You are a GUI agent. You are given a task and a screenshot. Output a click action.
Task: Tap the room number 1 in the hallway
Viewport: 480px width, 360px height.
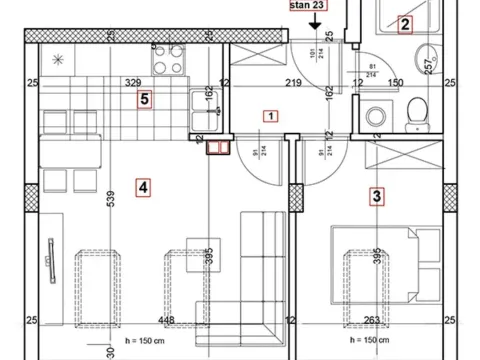[271, 115]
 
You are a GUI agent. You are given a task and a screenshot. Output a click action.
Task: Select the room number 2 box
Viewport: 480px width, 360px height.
[405, 25]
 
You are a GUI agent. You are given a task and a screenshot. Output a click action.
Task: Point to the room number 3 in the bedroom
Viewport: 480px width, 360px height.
[376, 196]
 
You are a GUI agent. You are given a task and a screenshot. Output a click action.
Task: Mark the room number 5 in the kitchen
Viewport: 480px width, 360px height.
[145, 99]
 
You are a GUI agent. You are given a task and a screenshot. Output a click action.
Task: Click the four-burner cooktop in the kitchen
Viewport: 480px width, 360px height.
[170, 62]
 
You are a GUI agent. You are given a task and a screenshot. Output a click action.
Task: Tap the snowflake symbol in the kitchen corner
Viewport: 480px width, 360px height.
[57, 61]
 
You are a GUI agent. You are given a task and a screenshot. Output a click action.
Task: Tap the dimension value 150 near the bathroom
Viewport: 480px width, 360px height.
[396, 83]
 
